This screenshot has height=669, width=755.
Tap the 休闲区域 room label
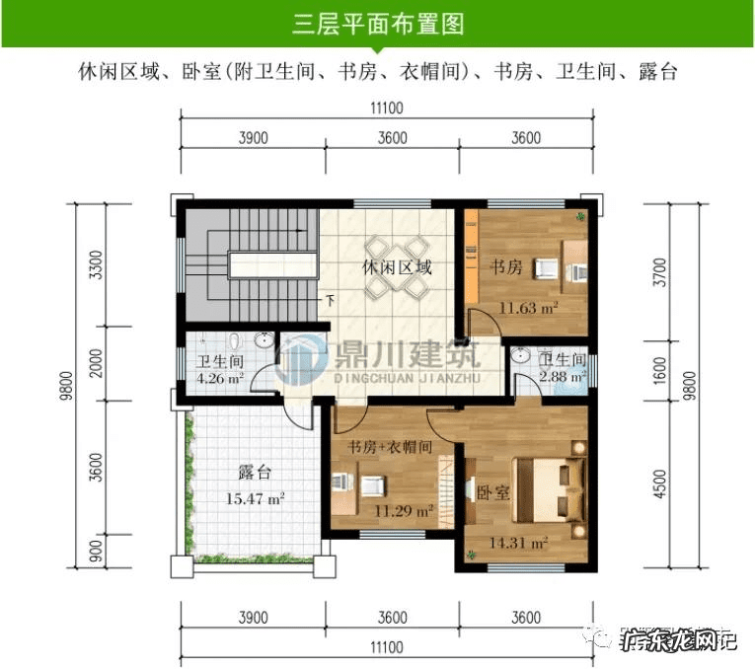[397, 267]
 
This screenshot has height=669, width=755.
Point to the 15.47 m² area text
[256, 499]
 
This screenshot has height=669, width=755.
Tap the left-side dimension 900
[95, 550]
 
